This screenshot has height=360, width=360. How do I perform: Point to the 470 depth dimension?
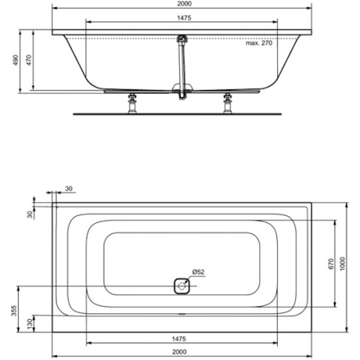pyautogui.click(x=30, y=62)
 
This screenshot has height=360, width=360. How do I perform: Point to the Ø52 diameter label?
pyautogui.click(x=199, y=271)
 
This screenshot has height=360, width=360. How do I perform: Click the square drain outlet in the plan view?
pyautogui.click(x=183, y=287)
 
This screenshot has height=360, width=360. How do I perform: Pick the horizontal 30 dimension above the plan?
pyautogui.click(x=68, y=189)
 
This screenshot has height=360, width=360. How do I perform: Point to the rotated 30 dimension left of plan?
pyautogui.click(x=30, y=215)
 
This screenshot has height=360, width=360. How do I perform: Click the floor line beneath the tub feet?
pyautogui.click(x=180, y=113)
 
